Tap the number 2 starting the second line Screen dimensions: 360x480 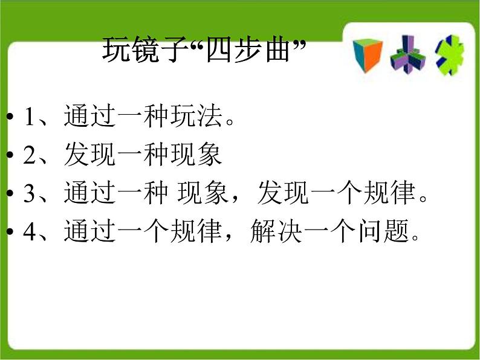(x=30, y=156)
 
